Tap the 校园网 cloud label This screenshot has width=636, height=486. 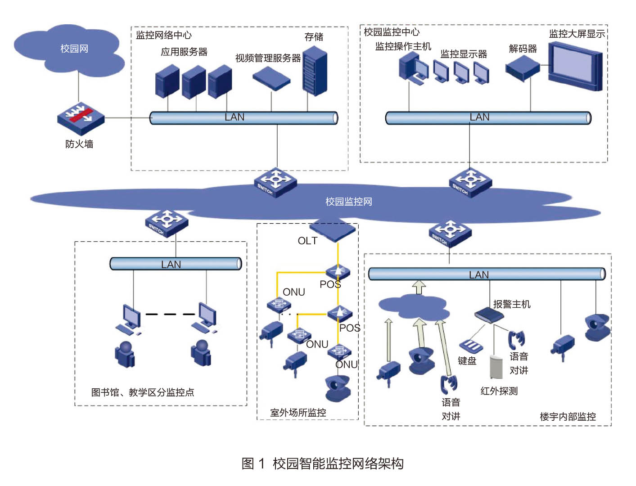tap(74, 49)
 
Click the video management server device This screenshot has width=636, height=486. tap(271, 78)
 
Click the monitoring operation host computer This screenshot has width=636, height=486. tap(413, 68)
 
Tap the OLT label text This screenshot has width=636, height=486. tap(307, 241)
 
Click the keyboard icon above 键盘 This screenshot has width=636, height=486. tap(471, 346)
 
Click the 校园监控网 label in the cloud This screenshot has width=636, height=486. tap(349, 202)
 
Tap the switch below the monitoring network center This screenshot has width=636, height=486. tap(275, 182)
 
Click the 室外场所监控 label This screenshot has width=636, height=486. tap(298, 412)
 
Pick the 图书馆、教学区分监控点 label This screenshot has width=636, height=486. tap(143, 392)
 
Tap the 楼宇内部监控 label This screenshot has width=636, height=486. tap(568, 416)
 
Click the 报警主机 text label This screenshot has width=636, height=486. tap(511, 304)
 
